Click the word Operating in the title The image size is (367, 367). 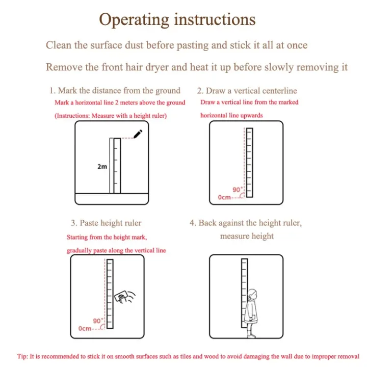coord(134,20)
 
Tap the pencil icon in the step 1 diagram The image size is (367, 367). coord(138,134)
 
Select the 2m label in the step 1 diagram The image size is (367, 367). coord(102,166)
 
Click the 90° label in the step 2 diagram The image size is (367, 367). coord(238,189)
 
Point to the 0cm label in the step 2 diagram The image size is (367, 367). coord(224,197)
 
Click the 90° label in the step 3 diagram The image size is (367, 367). coord(98,321)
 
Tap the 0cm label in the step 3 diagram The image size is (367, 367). coord(85,329)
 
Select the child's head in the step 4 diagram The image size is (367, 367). coord(252,294)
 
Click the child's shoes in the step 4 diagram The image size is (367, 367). coord(251,336)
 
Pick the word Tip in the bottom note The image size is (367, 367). coord(22,356)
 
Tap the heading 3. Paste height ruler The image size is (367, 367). coord(106,223)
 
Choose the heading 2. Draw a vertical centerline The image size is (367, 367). coord(247,91)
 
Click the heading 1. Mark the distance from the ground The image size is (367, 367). coord(115,91)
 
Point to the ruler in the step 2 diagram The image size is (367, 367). coord(249,163)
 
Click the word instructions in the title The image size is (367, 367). coord(215,20)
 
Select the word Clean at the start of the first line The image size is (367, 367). coord(59,45)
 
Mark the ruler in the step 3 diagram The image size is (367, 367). coord(110,294)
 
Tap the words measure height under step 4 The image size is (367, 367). coord(247,236)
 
